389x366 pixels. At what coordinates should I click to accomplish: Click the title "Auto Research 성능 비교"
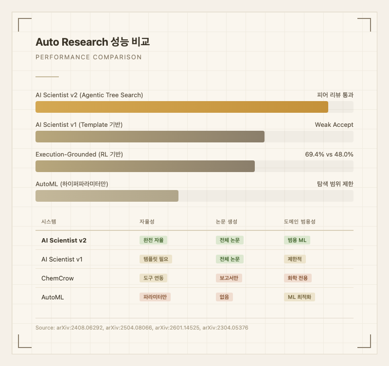(x=92, y=42)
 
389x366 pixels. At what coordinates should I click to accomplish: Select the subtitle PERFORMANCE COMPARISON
(x=88, y=57)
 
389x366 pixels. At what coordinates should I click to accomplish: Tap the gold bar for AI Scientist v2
(x=182, y=107)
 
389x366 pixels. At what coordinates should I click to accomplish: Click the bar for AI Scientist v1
(x=150, y=137)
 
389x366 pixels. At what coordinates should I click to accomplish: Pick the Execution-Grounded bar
(x=145, y=166)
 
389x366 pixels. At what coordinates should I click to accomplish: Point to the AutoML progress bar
(x=107, y=196)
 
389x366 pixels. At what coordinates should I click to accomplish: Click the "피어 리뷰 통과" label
(x=335, y=95)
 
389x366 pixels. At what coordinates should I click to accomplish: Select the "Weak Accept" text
(x=334, y=125)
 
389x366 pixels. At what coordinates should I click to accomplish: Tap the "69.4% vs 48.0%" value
(x=329, y=155)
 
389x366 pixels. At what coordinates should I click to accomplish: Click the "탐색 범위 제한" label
(x=335, y=184)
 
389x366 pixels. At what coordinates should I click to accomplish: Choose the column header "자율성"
(x=147, y=222)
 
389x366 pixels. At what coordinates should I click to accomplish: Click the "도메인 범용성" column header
(x=300, y=222)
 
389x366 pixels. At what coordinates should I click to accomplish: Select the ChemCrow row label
(x=57, y=278)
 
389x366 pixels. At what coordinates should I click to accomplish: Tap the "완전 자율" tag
(x=153, y=240)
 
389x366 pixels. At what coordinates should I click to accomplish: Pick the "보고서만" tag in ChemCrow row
(x=230, y=278)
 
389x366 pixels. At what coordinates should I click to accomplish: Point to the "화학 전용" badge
(x=298, y=278)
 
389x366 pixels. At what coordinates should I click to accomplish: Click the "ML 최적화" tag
(x=300, y=297)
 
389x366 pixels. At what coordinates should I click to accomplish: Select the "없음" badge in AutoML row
(x=224, y=297)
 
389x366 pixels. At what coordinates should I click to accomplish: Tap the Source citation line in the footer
(x=142, y=328)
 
